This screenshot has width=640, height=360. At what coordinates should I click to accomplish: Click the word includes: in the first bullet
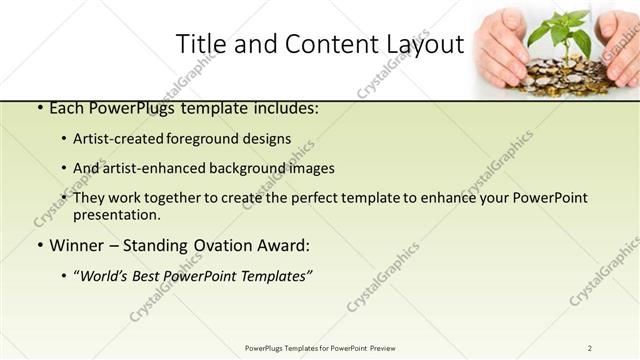pyautogui.click(x=285, y=108)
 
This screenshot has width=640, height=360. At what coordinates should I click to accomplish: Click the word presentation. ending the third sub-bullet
pyautogui.click(x=117, y=215)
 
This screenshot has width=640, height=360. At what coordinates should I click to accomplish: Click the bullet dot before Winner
pyautogui.click(x=39, y=246)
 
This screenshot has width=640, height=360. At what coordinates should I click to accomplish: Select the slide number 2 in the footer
pyautogui.click(x=590, y=348)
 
